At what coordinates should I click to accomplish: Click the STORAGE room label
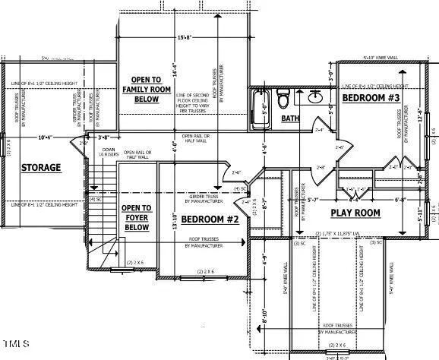pyautogui.click(x=41, y=167)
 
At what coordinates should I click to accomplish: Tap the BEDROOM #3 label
pyautogui.click(x=371, y=99)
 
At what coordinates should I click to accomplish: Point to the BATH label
pyautogui.click(x=290, y=118)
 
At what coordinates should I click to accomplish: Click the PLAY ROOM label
pyautogui.click(x=355, y=213)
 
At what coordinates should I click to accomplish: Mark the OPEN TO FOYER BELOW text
pyautogui.click(x=136, y=217)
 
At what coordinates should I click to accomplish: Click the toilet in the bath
pyautogui.click(x=283, y=98)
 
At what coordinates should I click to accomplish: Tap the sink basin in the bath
pyautogui.click(x=317, y=96)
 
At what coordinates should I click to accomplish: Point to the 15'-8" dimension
pyautogui.click(x=183, y=37)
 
